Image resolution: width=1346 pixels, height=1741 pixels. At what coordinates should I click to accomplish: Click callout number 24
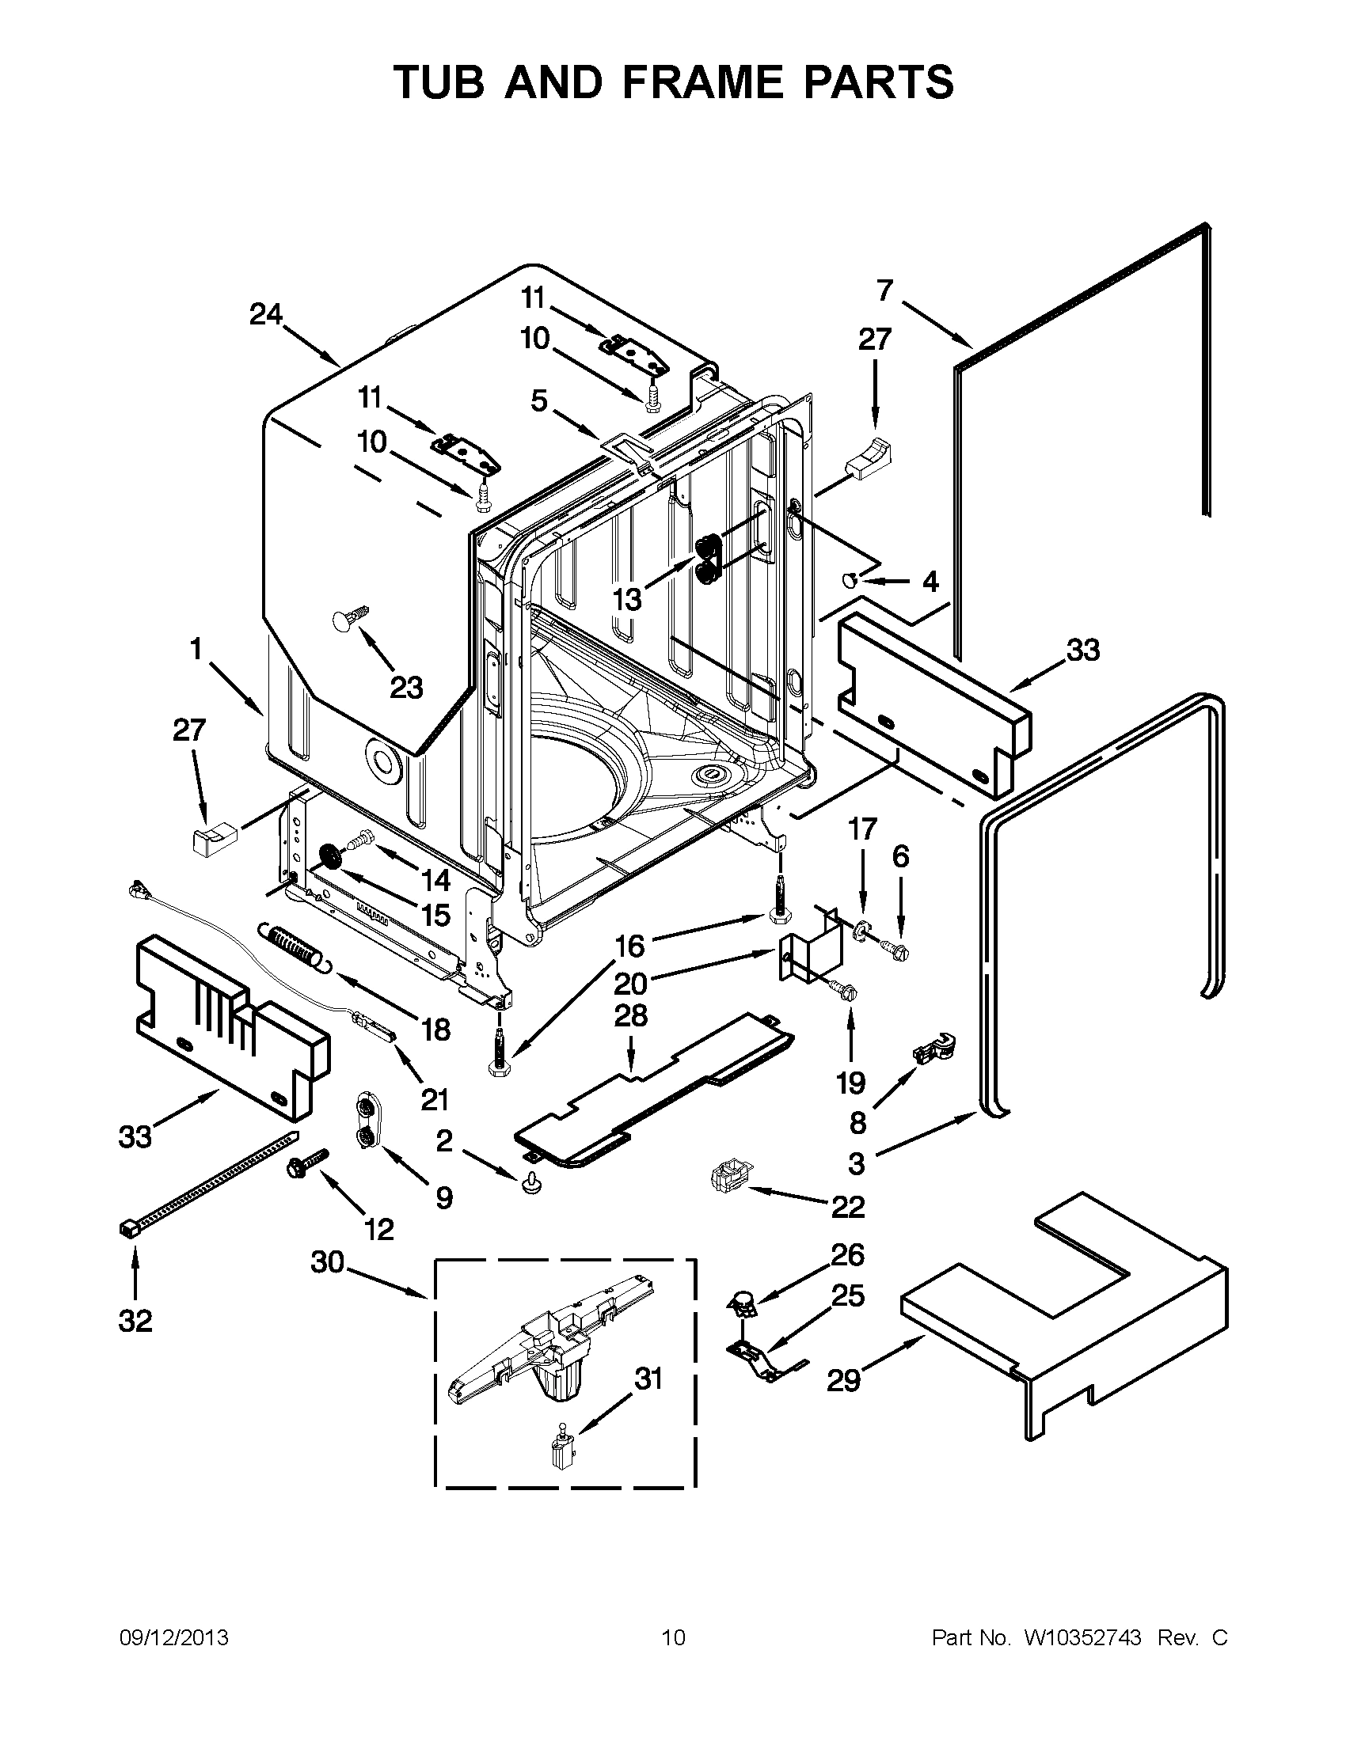tap(265, 315)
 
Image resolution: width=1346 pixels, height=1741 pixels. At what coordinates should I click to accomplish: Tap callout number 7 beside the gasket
tap(884, 291)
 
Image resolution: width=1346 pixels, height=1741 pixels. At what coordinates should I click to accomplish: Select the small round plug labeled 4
tap(850, 579)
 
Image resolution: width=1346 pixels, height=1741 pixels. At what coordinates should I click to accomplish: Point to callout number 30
tap(327, 1262)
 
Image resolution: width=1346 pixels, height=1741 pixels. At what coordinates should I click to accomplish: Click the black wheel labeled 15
tap(331, 857)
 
